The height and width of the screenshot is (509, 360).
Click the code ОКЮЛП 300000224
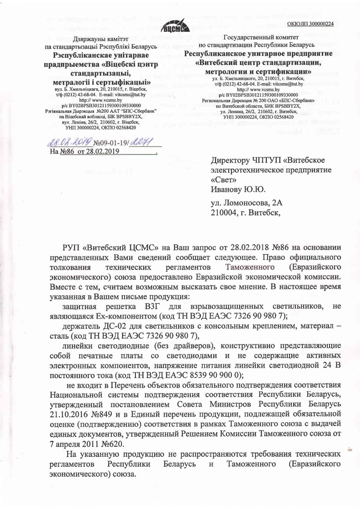311,24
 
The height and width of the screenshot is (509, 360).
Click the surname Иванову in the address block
227,189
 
